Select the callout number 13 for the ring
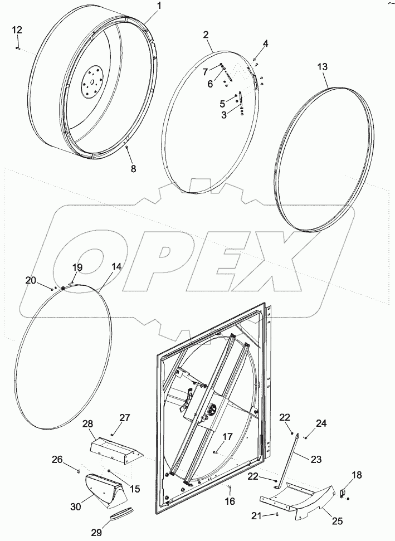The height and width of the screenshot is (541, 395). [323, 67]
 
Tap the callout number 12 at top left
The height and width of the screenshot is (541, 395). [17, 30]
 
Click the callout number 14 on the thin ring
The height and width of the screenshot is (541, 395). [116, 267]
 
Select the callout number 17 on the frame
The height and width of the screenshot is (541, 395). [227, 437]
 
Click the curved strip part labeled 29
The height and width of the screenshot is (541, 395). [122, 516]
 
